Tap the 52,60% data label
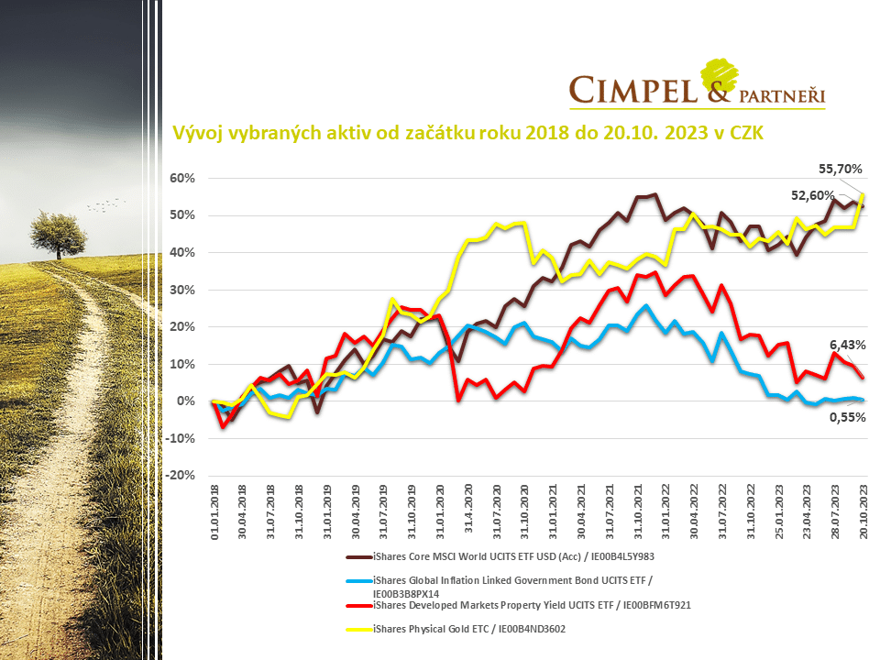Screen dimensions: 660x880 click(812, 194)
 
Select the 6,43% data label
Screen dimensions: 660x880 click(848, 345)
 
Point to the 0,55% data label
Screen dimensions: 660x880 click(848, 416)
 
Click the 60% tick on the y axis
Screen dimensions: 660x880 click(182, 178)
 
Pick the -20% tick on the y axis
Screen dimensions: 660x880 click(181, 476)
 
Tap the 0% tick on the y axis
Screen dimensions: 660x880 click(186, 401)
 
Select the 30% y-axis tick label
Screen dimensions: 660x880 click(182, 290)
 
